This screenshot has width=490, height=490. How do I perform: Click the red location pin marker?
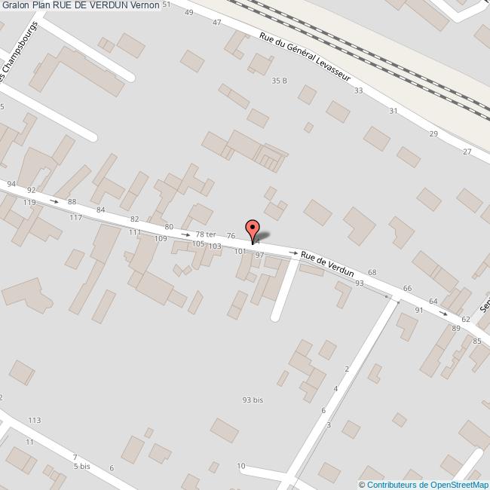click(x=253, y=230)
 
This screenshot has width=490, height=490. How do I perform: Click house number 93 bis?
click(x=253, y=400)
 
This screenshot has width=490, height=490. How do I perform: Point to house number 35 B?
click(x=280, y=81)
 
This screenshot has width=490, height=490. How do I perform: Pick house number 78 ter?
click(x=205, y=234)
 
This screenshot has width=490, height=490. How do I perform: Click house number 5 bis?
click(x=81, y=467)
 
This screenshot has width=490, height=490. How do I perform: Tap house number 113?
click(x=34, y=420)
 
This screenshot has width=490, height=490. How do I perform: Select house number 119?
click(x=29, y=203)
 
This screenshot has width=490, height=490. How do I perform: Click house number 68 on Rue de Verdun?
click(x=372, y=272)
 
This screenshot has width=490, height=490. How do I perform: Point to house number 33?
click(x=358, y=90)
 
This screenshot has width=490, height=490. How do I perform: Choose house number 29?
click(x=433, y=133)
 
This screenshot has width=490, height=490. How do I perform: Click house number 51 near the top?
click(x=167, y=5)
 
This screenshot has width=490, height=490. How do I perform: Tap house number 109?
click(x=161, y=238)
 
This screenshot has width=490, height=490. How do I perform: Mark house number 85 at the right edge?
click(x=477, y=341)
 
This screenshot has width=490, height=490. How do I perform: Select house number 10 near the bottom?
click(x=241, y=466)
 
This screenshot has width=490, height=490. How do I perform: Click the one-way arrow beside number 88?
click(x=54, y=201)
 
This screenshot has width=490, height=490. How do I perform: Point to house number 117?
click(x=75, y=218)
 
